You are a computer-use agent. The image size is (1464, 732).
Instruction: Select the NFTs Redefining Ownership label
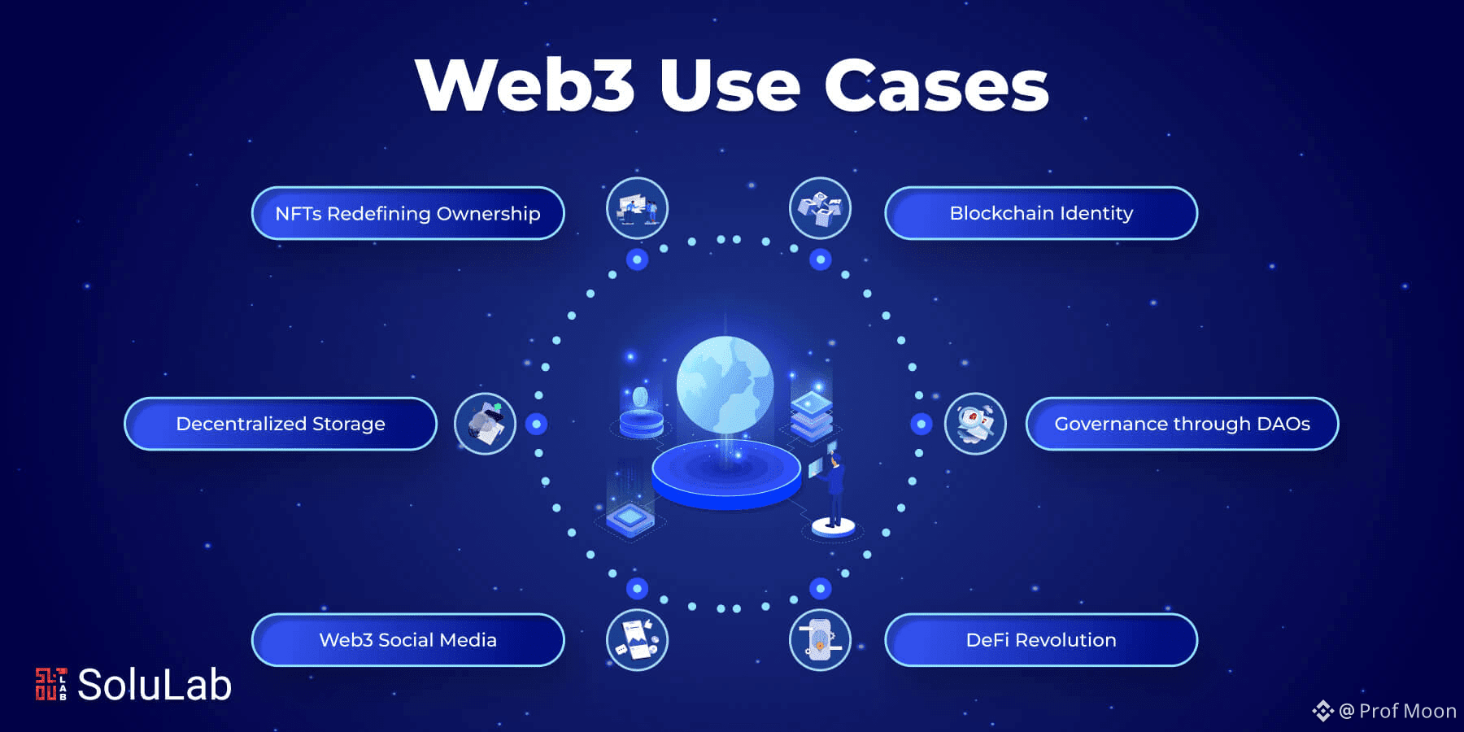(407, 213)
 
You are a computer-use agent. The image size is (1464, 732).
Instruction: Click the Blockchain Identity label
(1041, 213)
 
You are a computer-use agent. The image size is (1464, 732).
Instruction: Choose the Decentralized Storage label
(281, 424)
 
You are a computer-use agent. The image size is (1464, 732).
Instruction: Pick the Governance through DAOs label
(1182, 424)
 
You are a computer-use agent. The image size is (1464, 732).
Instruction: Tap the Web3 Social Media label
(407, 640)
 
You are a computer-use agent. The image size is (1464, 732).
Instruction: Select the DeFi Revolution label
(1041, 640)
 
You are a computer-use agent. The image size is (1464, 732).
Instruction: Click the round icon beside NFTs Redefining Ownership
(637, 208)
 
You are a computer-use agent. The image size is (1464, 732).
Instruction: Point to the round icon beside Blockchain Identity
(820, 208)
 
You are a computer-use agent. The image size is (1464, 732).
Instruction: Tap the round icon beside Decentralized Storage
(485, 424)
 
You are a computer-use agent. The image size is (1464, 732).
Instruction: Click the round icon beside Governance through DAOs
(975, 424)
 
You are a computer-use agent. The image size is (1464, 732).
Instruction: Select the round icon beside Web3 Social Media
(637, 640)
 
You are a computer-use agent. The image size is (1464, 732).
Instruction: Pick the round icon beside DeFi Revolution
(820, 640)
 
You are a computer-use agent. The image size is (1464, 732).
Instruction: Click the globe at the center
(725, 385)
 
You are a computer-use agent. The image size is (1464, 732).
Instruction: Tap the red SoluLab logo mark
(50, 684)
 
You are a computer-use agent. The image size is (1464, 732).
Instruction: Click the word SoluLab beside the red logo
(155, 684)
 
